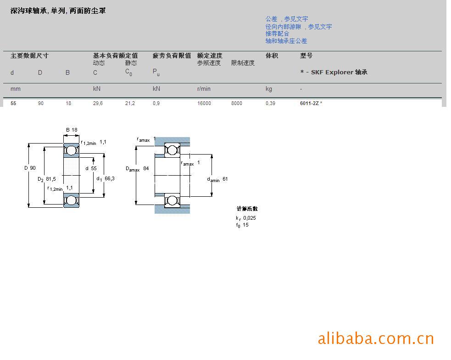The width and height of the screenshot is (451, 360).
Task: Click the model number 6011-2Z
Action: tap(309, 104)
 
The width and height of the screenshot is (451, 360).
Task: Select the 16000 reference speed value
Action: tap(204, 104)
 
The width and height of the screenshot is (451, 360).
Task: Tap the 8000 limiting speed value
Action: tap(237, 104)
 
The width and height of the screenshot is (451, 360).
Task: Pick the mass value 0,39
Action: tap(270, 104)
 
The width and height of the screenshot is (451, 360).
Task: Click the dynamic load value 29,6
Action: tap(98, 104)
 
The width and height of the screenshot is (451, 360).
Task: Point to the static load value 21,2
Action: tap(130, 104)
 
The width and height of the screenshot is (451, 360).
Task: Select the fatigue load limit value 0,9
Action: tap(156, 104)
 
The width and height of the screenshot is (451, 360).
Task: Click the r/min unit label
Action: tap(204, 89)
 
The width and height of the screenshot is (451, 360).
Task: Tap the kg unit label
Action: tap(269, 89)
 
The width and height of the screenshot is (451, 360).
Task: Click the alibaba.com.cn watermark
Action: tap(375, 338)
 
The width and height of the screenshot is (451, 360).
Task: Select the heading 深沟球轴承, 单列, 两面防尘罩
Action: tap(58, 11)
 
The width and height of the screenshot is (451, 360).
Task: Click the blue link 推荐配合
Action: tap(277, 33)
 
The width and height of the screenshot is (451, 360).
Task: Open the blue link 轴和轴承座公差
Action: tap(286, 41)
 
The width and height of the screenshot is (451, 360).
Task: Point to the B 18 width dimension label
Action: tap(72, 130)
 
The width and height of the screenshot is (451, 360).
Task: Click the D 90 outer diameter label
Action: tap(30, 168)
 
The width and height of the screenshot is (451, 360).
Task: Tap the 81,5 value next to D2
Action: tap(51, 179)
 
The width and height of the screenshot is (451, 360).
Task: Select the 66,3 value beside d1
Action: tap(109, 178)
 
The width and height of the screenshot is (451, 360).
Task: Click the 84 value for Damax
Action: tap(146, 168)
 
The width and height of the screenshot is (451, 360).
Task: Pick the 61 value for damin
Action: tap(225, 179)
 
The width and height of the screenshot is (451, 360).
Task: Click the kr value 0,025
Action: tap(250, 218)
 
